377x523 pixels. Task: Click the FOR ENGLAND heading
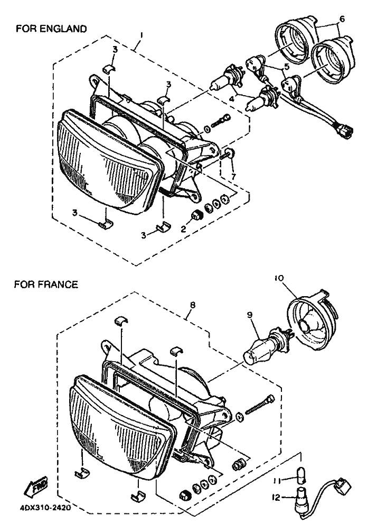(51, 29)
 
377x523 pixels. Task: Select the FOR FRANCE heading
(46, 285)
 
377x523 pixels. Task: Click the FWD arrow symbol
(35, 487)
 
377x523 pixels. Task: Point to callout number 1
(142, 35)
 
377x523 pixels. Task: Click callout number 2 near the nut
(183, 229)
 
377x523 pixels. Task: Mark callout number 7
(233, 177)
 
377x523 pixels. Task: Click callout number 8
(193, 305)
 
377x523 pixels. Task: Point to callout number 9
(250, 315)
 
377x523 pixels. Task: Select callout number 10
(279, 278)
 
